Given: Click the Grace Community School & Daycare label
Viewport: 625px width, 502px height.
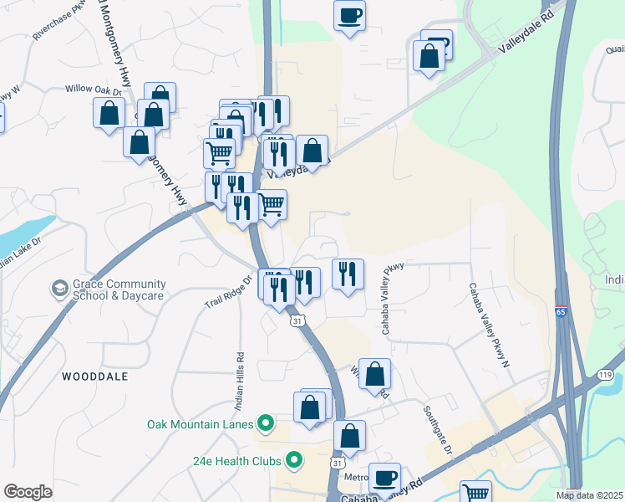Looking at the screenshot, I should coord(113,289).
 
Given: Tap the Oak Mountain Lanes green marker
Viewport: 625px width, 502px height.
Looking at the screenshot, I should coord(266,424).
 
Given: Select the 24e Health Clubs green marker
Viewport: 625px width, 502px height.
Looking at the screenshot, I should coord(294,459).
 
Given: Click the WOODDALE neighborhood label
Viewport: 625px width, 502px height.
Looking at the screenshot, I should coord(95,377).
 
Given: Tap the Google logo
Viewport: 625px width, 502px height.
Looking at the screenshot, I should coord(28,491).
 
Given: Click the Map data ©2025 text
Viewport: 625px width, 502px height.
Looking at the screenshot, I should coord(588,495).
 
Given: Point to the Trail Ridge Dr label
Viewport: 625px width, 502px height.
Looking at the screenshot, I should coord(227,292).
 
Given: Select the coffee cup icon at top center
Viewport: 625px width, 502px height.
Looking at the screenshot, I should coord(349,14).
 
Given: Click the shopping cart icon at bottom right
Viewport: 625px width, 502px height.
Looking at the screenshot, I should coord(475,493).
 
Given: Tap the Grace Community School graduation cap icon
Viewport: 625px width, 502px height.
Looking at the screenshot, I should coord(59,289).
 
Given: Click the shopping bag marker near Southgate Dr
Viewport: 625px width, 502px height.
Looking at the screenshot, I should coord(375,373).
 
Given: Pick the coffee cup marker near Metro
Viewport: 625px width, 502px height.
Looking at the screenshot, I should coord(384,478).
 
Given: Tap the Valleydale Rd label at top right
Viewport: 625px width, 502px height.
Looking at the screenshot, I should coord(526,38).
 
